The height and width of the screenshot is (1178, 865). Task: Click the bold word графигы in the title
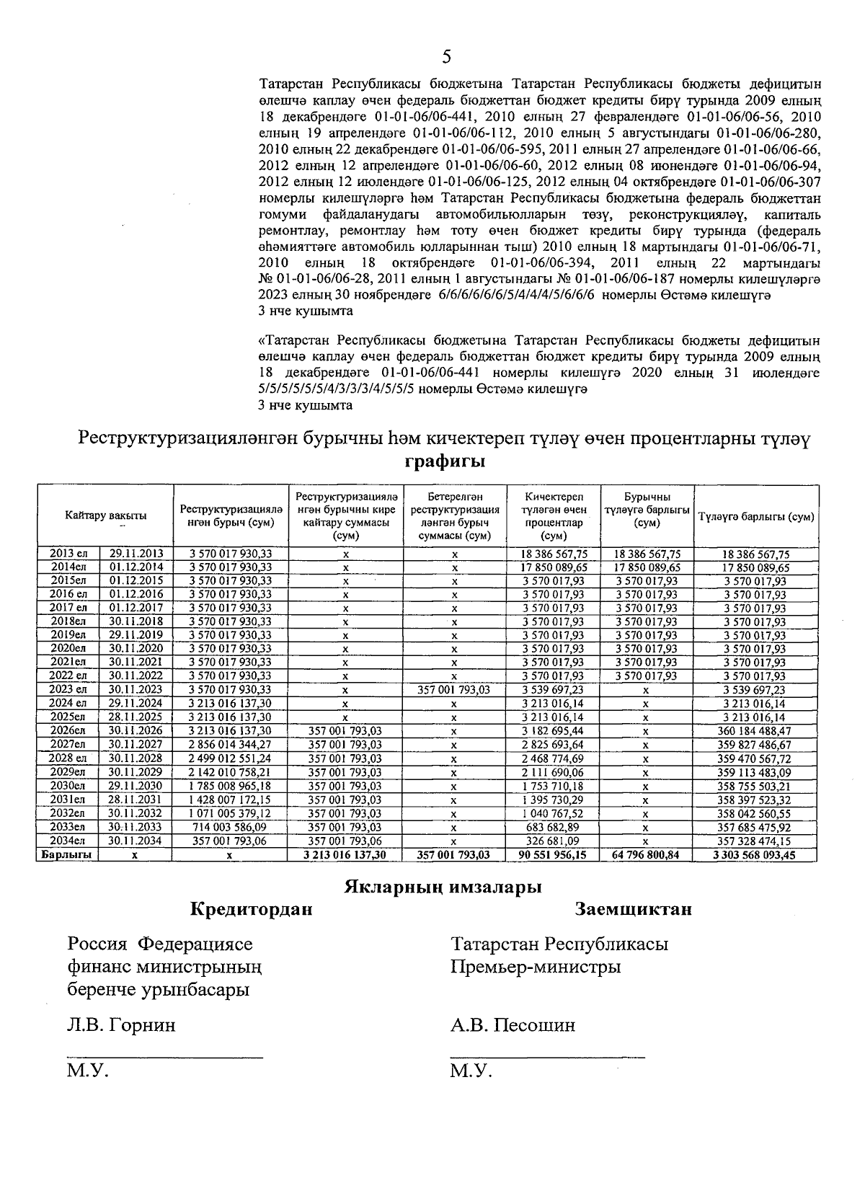pos(444,461)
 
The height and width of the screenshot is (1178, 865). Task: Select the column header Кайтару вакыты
pos(105,515)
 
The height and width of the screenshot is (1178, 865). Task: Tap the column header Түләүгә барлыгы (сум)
pos(755,517)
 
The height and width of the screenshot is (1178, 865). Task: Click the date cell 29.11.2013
pos(136,554)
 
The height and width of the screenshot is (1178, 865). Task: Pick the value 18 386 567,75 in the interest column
pos(554,554)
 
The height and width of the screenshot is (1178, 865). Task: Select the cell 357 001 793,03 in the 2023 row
pos(454,689)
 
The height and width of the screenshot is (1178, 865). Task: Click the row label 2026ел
pos(68,730)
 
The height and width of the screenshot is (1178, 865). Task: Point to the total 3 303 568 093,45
pos(755,854)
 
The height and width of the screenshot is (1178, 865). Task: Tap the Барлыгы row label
pos(68,854)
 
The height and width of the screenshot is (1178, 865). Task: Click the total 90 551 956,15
pos(554,854)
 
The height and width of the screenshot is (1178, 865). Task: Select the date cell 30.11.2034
pos(136,841)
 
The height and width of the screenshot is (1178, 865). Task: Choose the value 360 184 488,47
pos(755,730)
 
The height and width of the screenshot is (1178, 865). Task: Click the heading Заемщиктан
pos(634,909)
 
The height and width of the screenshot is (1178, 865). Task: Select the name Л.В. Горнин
pos(120,1024)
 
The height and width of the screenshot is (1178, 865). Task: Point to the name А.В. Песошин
pos(513,1024)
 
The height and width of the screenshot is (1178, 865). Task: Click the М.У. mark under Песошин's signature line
pos(470,1071)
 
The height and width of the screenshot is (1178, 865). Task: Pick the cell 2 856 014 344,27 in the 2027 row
pos(229,744)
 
